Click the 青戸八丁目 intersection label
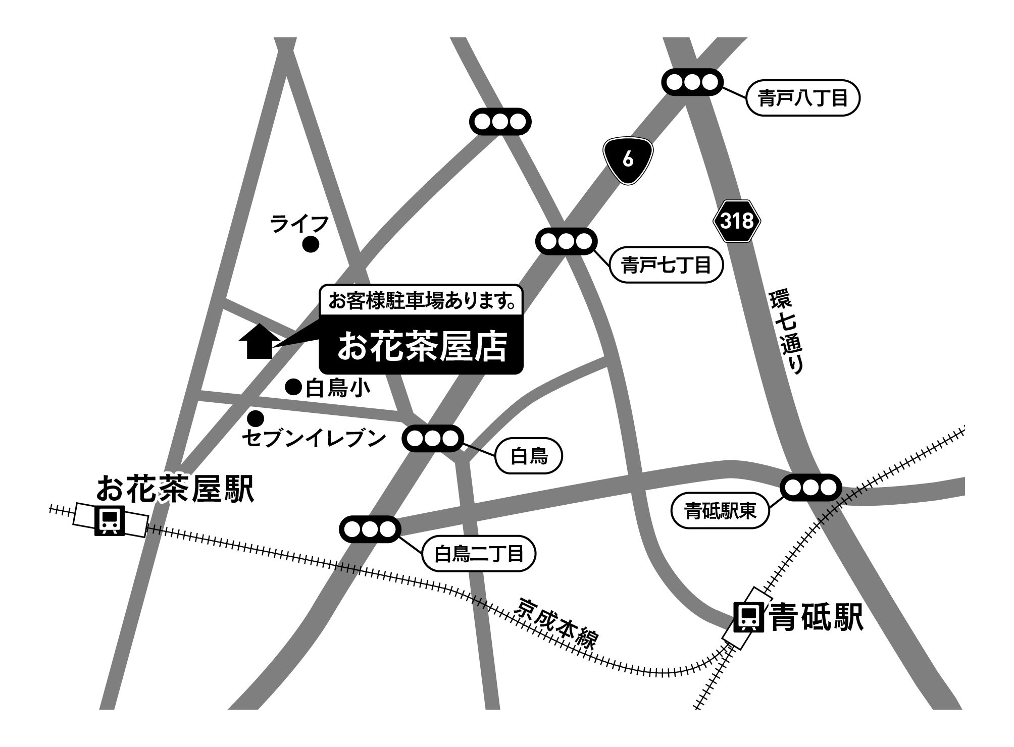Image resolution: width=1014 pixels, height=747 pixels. (x=802, y=99)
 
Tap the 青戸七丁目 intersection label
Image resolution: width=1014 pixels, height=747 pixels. (x=666, y=264)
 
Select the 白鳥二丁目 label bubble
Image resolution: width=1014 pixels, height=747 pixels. (x=479, y=554)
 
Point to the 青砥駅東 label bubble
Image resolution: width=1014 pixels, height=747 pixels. (x=720, y=511)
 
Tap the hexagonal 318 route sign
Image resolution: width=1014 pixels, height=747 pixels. (x=737, y=221)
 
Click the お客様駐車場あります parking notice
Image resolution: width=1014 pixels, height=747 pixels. (x=422, y=302)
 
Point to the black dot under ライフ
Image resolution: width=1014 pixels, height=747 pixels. (x=310, y=245)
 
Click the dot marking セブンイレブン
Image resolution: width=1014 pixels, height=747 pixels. (x=256, y=418)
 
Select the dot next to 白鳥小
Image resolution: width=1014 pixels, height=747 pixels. (x=293, y=387)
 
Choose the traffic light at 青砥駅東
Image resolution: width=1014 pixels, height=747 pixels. (x=810, y=488)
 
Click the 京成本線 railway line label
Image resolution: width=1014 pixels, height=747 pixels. (x=555, y=624)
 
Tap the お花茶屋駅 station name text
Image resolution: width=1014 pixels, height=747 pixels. (x=175, y=488)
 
